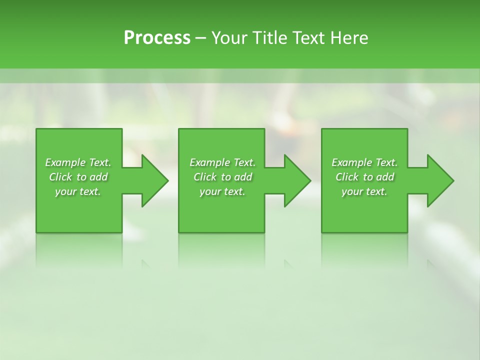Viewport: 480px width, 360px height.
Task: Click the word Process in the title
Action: (x=157, y=38)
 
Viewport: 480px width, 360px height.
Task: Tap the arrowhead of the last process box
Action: (x=439, y=180)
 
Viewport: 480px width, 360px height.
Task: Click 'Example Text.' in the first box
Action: (x=78, y=162)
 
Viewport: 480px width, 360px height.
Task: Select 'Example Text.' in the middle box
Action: (x=222, y=162)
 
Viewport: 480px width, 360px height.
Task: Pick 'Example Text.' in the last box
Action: (x=364, y=162)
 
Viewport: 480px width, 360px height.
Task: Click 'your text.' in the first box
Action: (x=78, y=191)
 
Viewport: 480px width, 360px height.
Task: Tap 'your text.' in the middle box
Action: (x=222, y=191)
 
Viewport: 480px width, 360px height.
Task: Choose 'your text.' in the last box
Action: (x=364, y=191)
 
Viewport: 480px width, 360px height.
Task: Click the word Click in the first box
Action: (x=61, y=177)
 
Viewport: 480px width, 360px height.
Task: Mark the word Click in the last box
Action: (x=347, y=177)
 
